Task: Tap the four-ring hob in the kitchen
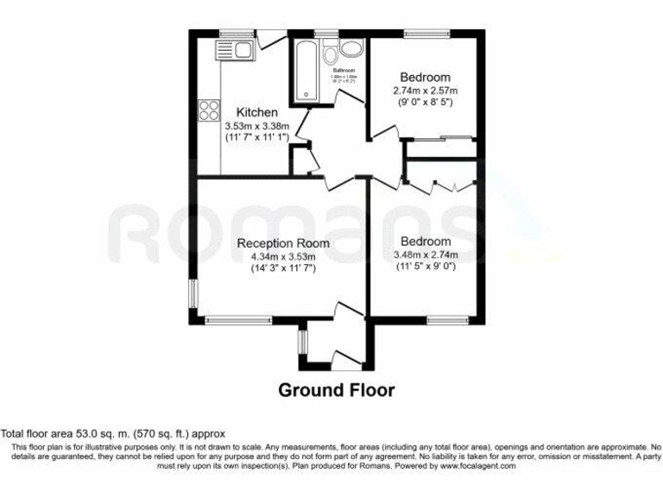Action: point(210,110)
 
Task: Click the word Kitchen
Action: point(257,112)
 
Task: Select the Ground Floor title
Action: point(336,390)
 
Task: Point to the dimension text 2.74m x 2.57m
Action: point(424,91)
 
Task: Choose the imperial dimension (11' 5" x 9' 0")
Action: point(425,267)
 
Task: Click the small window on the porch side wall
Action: point(302,342)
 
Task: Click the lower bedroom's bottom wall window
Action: point(445,321)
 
